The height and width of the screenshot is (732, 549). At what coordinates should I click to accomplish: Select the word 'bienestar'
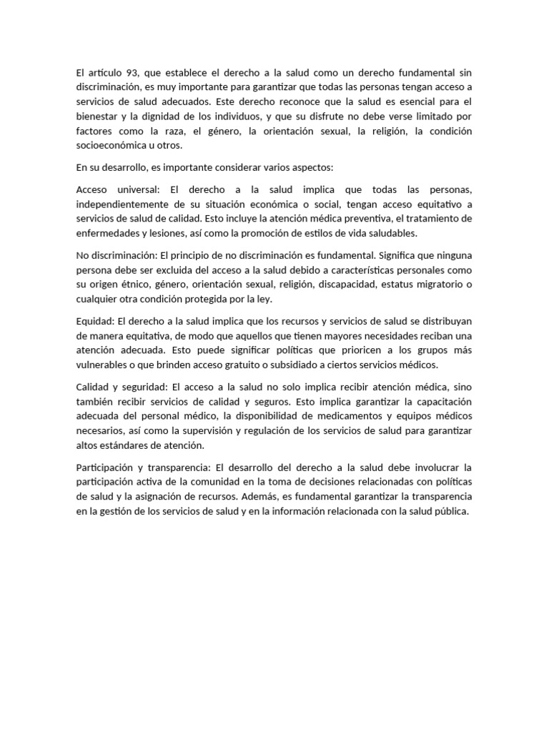pos(96,117)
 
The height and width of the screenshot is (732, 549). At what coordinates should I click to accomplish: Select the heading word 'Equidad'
pos(94,321)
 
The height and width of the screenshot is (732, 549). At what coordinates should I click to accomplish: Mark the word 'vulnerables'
pos(100,365)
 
